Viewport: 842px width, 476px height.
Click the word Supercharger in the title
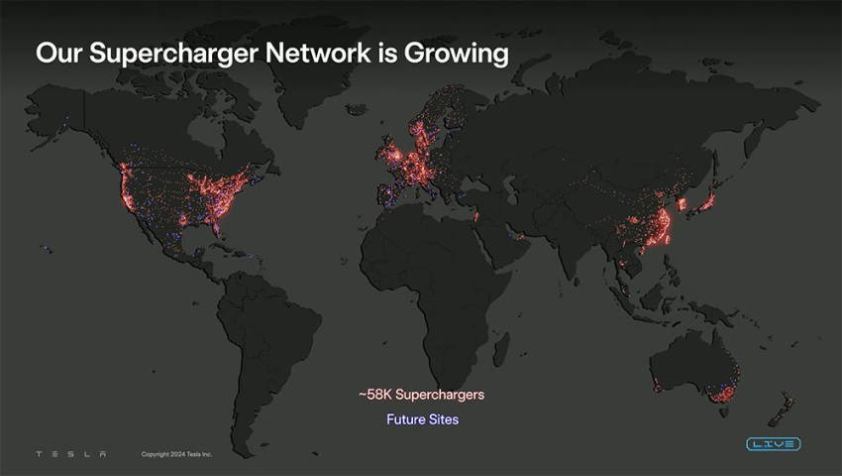coord(174,54)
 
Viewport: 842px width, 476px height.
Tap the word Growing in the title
coord(457,54)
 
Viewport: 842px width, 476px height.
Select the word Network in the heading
coord(318,53)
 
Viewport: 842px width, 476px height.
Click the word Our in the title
coord(59,53)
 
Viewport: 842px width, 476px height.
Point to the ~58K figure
coord(374,395)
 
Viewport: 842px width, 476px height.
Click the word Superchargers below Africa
coord(440,395)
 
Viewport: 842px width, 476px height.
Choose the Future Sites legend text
coord(423,419)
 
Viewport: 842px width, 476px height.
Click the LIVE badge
coord(774,443)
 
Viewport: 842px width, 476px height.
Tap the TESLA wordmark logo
coord(71,454)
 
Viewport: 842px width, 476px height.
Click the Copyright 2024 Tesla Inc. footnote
coord(176,454)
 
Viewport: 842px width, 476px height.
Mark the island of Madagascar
coord(501,349)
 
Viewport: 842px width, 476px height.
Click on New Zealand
coord(781,410)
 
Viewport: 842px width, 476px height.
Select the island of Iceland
coord(356,109)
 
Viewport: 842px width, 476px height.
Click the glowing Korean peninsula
coord(682,204)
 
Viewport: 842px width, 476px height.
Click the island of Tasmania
coord(723,413)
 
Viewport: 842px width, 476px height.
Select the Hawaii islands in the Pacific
coord(48,249)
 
